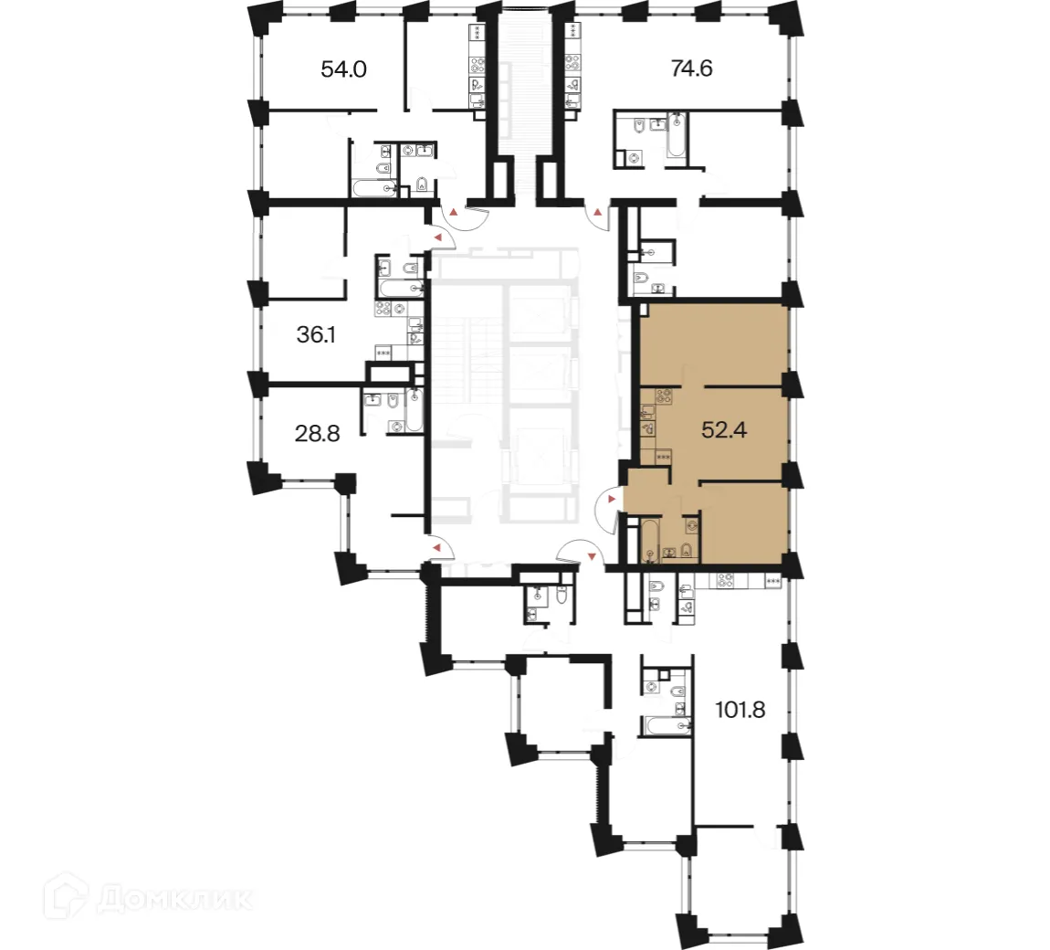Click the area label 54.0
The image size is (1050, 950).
pyautogui.click(x=343, y=69)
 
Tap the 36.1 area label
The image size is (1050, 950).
pyautogui.click(x=316, y=335)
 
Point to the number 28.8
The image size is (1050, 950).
pyautogui.click(x=318, y=433)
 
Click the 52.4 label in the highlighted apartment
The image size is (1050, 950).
pyautogui.click(x=724, y=429)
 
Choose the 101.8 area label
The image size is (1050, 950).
pyautogui.click(x=740, y=710)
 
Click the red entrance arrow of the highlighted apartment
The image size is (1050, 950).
pyautogui.click(x=611, y=499)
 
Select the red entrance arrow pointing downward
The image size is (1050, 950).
pyautogui.click(x=592, y=555)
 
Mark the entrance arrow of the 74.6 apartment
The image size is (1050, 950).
pyautogui.click(x=598, y=213)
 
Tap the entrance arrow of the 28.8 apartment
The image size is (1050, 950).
pyautogui.click(x=437, y=547)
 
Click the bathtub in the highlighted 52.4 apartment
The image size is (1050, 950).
pyautogui.click(x=648, y=540)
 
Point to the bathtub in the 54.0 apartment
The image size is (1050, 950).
pyautogui.click(x=374, y=189)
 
